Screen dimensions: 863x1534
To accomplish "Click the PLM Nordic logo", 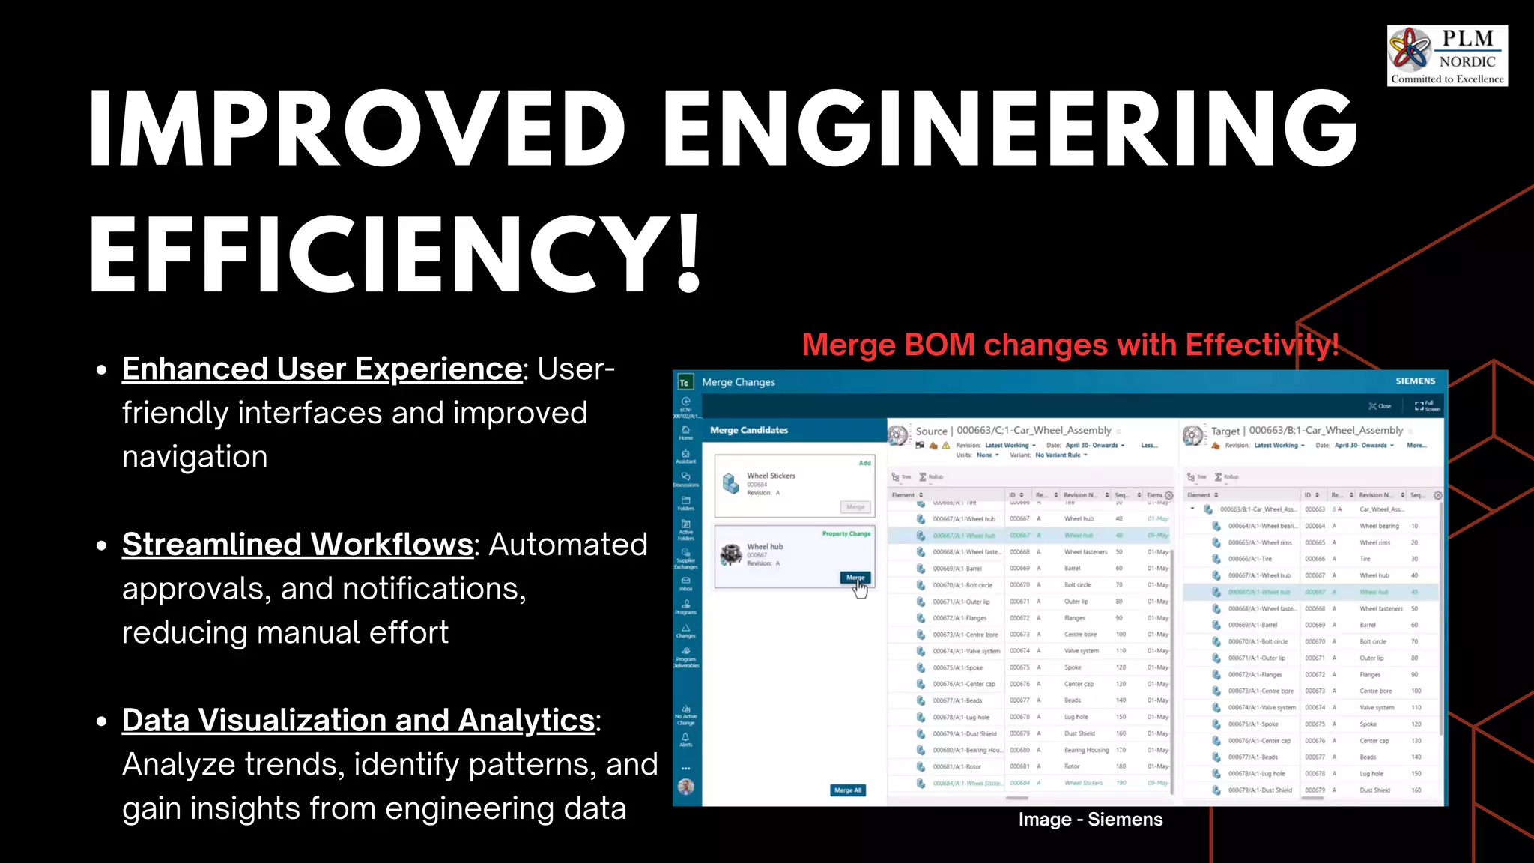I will point(1446,56).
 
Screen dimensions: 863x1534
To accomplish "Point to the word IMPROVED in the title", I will point(357,127).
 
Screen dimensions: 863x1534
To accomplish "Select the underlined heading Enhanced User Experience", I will point(322,369).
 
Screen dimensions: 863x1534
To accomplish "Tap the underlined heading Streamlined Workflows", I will point(297,545).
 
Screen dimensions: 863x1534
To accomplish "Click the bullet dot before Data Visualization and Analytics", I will point(102,721).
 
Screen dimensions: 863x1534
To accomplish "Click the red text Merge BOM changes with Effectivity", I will point(1070,345).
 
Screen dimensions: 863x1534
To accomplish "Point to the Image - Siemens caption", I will point(1090,820).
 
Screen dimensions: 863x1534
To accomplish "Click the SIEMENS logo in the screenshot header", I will point(1415,381).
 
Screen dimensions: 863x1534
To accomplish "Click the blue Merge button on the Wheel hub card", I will point(855,578).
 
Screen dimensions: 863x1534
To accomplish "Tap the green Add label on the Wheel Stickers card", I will point(864,463).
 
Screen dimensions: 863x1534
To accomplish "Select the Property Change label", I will point(846,534).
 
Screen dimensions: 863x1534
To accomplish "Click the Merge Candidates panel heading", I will point(748,430).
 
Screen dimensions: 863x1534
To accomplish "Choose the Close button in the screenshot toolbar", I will point(1380,406).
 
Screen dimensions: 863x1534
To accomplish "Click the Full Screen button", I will point(1426,406).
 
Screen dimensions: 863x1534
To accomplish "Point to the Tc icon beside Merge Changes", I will point(684,383).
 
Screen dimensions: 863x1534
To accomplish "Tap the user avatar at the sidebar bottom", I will point(685,787).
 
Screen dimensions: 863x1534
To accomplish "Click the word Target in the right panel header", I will point(1225,431).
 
